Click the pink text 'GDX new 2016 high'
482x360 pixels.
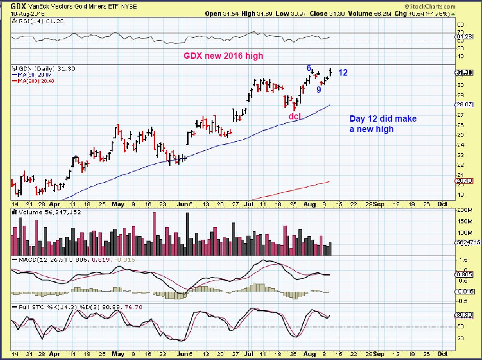(222, 56)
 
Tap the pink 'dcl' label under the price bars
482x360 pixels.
(295, 116)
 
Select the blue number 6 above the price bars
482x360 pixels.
(309, 68)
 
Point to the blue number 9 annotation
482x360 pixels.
(319, 90)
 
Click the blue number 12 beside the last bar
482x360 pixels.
(343, 72)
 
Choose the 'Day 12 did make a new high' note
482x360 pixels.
(383, 124)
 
